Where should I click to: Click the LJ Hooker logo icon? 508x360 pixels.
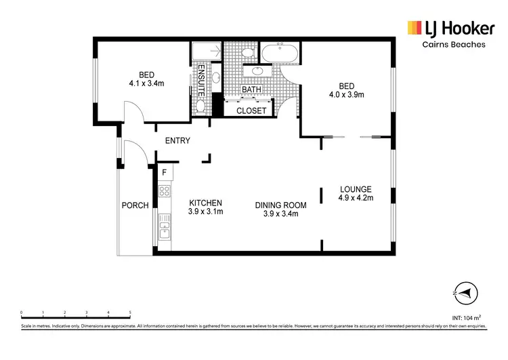(x=414, y=27)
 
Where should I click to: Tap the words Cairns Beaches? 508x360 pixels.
(x=451, y=44)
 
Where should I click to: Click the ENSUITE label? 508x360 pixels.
(x=201, y=82)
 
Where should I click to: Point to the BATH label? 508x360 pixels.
(x=251, y=89)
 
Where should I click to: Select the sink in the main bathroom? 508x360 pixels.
(x=257, y=70)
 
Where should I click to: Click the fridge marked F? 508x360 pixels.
(x=164, y=173)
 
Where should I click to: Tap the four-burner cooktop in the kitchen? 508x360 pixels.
(x=164, y=192)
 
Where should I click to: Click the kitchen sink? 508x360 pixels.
(x=164, y=233)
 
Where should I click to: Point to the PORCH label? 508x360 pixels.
(x=135, y=205)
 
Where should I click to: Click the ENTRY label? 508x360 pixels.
(x=177, y=141)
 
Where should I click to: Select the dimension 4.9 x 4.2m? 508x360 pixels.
(x=356, y=199)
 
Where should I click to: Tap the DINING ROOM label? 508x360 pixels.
(x=280, y=205)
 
